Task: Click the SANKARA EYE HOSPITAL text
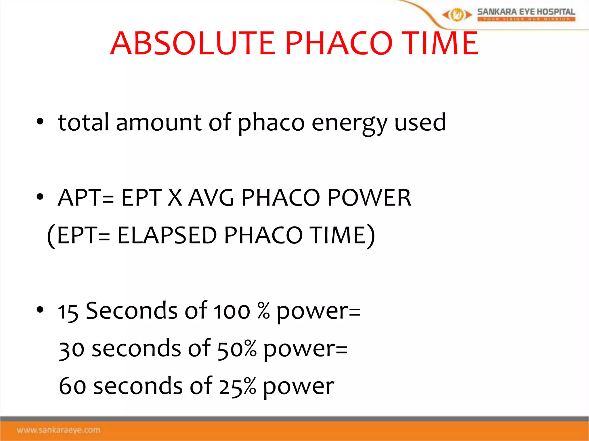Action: click(x=526, y=12)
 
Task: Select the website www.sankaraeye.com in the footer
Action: click(x=59, y=430)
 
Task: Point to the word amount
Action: click(x=159, y=123)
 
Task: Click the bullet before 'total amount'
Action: click(x=40, y=122)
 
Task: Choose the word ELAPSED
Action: click(x=167, y=235)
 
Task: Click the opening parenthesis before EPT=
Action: click(x=51, y=236)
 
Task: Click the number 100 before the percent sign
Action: click(x=232, y=312)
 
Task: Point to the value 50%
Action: click(x=237, y=349)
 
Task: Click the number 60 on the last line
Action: click(x=72, y=386)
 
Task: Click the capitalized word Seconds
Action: click(x=131, y=311)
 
